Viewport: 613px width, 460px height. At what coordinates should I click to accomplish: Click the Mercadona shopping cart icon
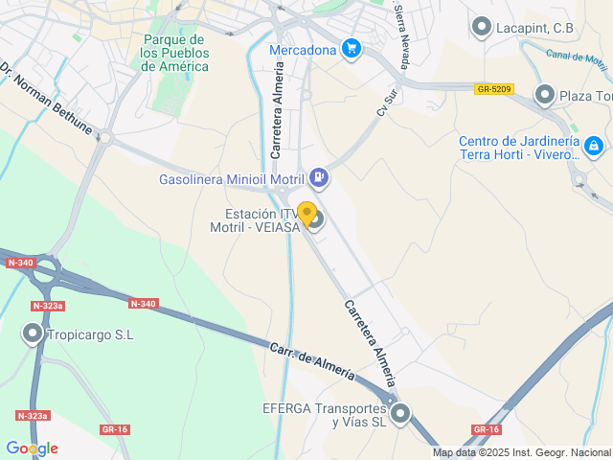click(352, 49)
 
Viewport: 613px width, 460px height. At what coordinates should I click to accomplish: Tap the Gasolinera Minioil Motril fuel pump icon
click(319, 177)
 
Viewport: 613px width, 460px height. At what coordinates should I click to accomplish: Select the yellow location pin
click(306, 214)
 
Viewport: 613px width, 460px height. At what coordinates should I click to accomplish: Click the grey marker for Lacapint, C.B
click(481, 28)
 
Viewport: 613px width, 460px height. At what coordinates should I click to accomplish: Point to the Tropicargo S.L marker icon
click(34, 334)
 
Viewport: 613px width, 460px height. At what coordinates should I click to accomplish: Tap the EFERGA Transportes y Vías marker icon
click(400, 414)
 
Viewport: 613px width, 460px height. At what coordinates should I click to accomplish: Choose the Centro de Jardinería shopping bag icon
click(594, 147)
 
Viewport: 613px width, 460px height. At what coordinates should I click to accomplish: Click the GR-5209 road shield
click(494, 89)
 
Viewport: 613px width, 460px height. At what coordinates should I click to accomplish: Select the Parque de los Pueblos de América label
click(173, 53)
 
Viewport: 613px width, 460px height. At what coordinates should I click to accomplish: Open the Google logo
click(32, 448)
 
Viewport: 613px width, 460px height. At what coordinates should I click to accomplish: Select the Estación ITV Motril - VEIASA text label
click(253, 220)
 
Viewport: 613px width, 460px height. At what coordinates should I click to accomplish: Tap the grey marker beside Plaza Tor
click(545, 94)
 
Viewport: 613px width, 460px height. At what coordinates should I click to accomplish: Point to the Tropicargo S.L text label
click(92, 334)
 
